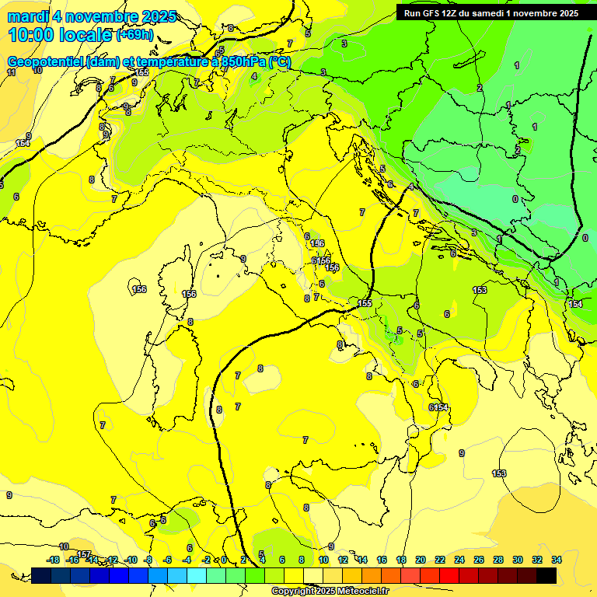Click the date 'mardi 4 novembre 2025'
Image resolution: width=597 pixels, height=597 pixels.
(x=92, y=16)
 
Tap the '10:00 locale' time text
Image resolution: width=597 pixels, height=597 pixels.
(x=61, y=35)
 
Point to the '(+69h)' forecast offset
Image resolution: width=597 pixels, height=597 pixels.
(x=134, y=35)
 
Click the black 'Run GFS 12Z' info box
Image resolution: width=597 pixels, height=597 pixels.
(x=491, y=13)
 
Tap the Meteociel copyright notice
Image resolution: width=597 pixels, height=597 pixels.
(x=330, y=591)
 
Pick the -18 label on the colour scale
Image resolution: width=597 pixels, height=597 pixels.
(x=54, y=560)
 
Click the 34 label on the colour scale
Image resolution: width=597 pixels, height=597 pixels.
(x=557, y=560)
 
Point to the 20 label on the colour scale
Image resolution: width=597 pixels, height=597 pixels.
(x=421, y=560)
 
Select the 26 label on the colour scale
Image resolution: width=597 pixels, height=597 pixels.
(x=479, y=560)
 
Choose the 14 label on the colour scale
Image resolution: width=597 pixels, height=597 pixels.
(x=362, y=560)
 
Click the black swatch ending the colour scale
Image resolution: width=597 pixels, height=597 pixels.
(x=546, y=575)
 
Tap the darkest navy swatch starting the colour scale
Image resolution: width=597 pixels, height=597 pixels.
(x=41, y=575)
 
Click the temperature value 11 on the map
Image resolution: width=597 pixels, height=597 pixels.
(x=11, y=72)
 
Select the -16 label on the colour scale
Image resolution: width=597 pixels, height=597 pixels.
(x=73, y=560)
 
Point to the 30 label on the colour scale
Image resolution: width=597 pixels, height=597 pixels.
(x=518, y=560)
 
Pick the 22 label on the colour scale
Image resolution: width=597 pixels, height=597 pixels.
(x=440, y=560)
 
